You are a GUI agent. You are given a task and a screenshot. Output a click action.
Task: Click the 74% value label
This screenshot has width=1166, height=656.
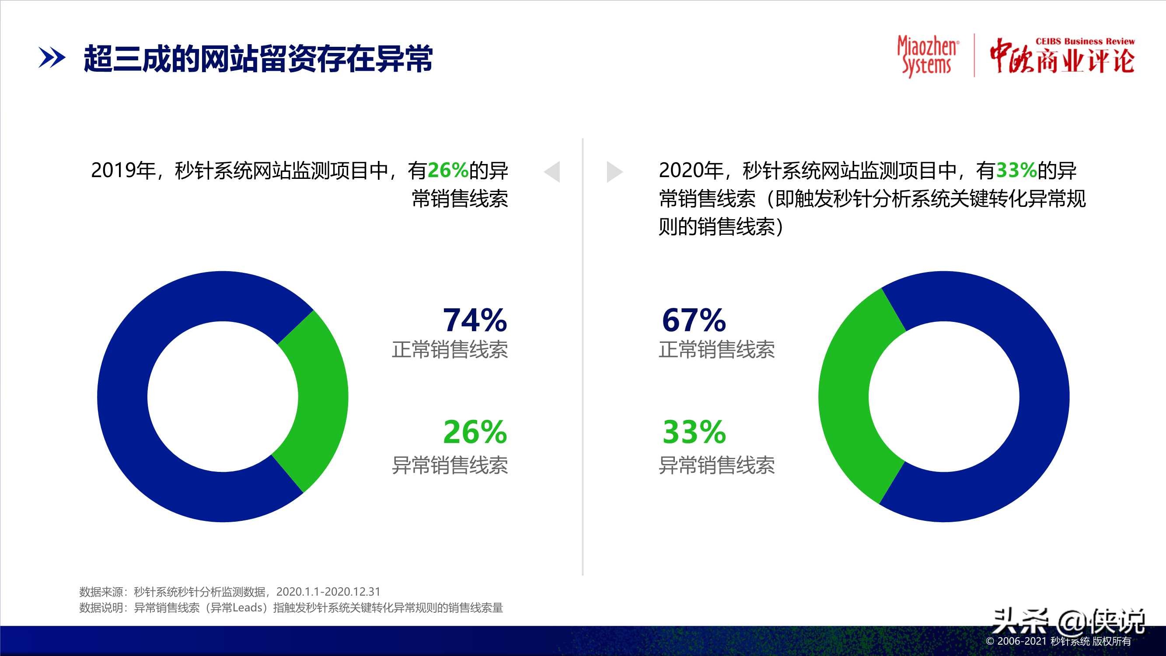coord(475,320)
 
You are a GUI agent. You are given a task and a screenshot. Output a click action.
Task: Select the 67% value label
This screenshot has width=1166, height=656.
coord(694,320)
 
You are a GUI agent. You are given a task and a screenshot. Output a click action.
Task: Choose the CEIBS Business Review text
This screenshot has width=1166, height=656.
coord(1085,41)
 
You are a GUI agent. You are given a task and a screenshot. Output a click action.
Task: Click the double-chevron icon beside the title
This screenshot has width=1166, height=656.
coord(52,59)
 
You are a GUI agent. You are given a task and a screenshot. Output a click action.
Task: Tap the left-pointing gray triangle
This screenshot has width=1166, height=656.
coord(552,171)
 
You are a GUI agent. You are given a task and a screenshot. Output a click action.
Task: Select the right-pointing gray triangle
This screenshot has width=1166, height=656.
coord(614,171)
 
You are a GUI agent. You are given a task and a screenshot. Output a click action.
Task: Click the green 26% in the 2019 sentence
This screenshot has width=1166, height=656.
coord(448,171)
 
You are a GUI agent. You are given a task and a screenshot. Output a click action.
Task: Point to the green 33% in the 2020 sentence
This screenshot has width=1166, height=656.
coord(1016,171)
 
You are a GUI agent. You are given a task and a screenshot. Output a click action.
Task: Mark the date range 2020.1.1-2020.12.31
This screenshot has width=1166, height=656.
coord(328,592)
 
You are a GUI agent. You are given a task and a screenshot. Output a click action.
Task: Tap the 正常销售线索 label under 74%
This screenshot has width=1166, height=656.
coord(450,350)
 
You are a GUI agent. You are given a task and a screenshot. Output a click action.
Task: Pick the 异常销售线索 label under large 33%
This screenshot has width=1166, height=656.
coord(716,465)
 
